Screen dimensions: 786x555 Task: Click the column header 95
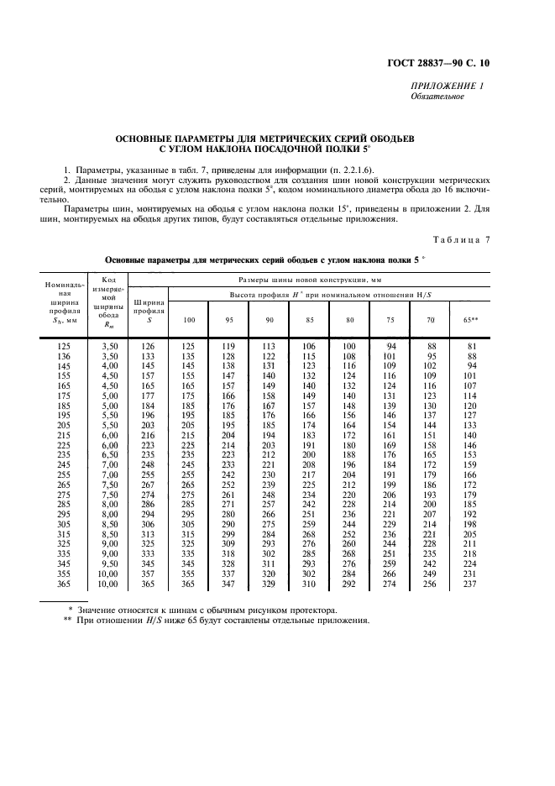coord(228,320)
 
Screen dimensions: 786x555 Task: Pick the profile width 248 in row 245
coord(147,464)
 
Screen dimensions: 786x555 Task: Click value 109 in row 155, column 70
coord(430,376)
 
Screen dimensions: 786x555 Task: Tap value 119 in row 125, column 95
coord(228,346)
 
